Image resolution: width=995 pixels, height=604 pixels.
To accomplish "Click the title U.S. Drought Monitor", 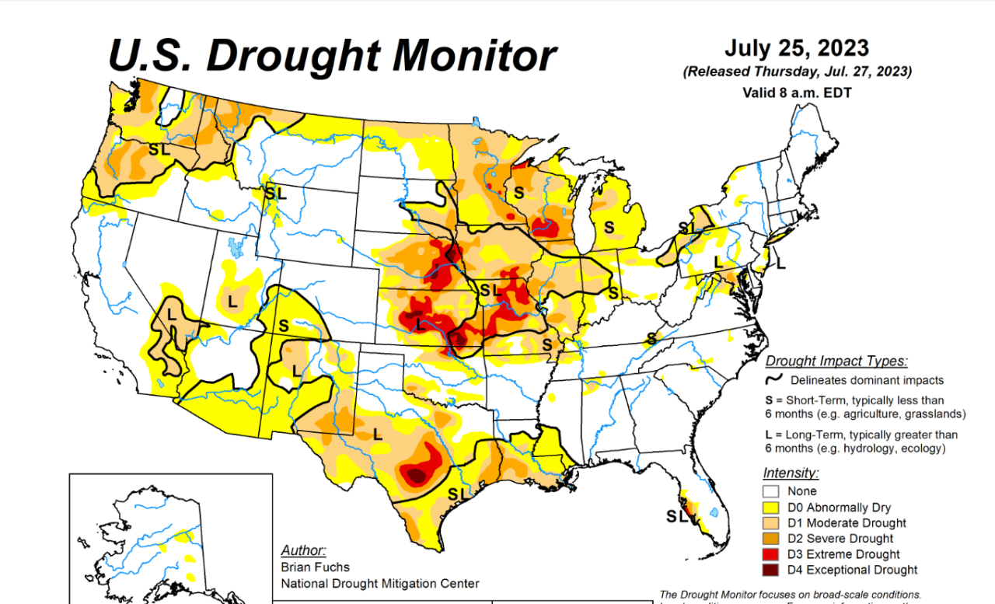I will [332, 56].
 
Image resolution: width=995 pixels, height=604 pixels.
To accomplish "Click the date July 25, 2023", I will [797, 47].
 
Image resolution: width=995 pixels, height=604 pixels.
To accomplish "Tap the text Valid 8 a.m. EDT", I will [797, 92].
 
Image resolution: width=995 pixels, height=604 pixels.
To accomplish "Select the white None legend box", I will [771, 491].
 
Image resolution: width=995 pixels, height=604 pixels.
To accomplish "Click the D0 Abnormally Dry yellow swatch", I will [771, 508].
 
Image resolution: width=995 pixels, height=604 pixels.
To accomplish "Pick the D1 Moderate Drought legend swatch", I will [771, 523].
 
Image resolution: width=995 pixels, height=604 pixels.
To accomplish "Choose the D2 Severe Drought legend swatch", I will [771, 539].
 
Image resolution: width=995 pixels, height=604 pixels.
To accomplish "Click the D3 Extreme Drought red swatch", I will [771, 554].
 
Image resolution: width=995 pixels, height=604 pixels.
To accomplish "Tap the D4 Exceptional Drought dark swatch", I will [771, 570].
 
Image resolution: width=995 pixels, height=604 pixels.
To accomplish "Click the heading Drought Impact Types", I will [836, 361].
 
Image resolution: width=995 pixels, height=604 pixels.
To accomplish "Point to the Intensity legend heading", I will [791, 473].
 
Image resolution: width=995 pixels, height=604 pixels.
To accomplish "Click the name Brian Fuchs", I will [316, 567].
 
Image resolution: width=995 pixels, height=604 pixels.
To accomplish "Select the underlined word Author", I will [303, 550].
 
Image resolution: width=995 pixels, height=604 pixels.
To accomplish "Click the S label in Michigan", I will [610, 227].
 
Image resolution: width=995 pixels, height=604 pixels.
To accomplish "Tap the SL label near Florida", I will [677, 515].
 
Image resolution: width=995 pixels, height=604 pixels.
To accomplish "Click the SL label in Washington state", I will [159, 149].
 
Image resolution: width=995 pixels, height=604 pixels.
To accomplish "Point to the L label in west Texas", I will [379, 435].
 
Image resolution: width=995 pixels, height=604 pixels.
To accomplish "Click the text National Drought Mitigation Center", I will [380, 583].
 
